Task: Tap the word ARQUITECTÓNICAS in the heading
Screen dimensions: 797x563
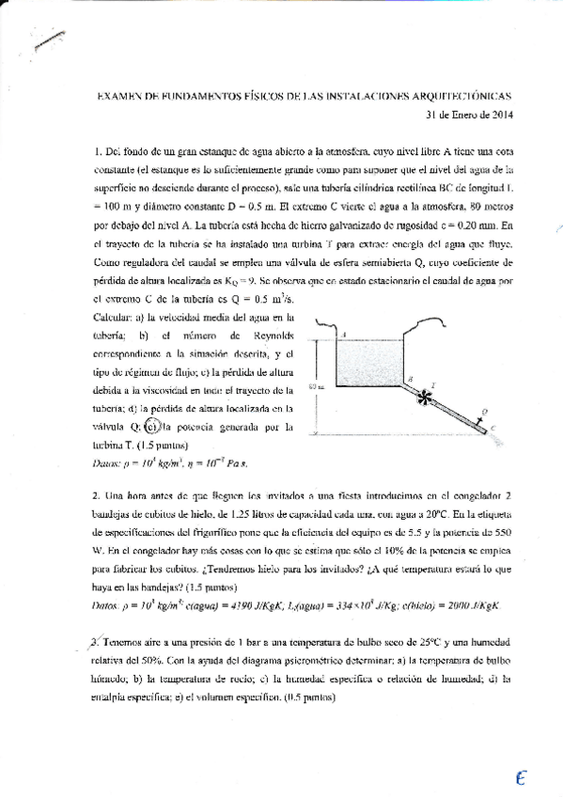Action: tap(469, 96)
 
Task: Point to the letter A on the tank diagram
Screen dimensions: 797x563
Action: tap(345, 334)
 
